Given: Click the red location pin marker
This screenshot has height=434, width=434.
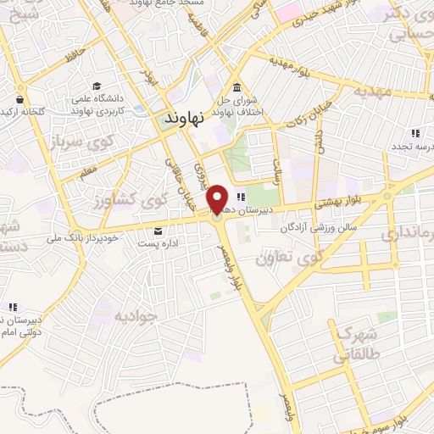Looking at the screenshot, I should (217, 200).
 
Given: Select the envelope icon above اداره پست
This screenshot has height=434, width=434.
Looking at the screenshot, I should (159, 231).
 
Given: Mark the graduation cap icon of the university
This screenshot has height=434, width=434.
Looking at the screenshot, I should (97, 88).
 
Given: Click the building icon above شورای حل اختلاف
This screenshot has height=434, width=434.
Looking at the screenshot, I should (235, 89).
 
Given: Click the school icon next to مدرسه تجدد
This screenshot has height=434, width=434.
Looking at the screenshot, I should (415, 133).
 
